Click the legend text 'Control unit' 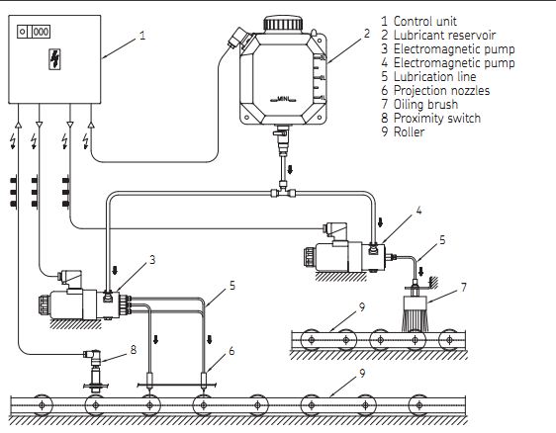coord(424,22)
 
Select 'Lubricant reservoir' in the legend coord(444,35)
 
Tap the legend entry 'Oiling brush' coord(425,104)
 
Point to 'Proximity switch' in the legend coord(437,118)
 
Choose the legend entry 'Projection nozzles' coord(441,90)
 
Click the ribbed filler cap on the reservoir coord(283,24)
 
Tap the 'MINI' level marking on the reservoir coord(283,99)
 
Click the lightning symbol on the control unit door coord(54,58)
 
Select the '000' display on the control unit coord(41,32)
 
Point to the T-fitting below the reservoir coord(283,192)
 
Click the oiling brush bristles coord(415,319)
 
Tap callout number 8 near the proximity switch coord(134,350)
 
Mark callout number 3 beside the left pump coord(152,260)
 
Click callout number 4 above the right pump coord(418,211)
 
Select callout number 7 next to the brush coord(464,288)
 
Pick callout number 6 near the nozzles coord(232,351)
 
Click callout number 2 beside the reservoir coord(367,34)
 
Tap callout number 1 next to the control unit coord(142,36)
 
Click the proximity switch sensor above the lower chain coord(95,370)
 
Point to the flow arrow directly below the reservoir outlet coord(290,169)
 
